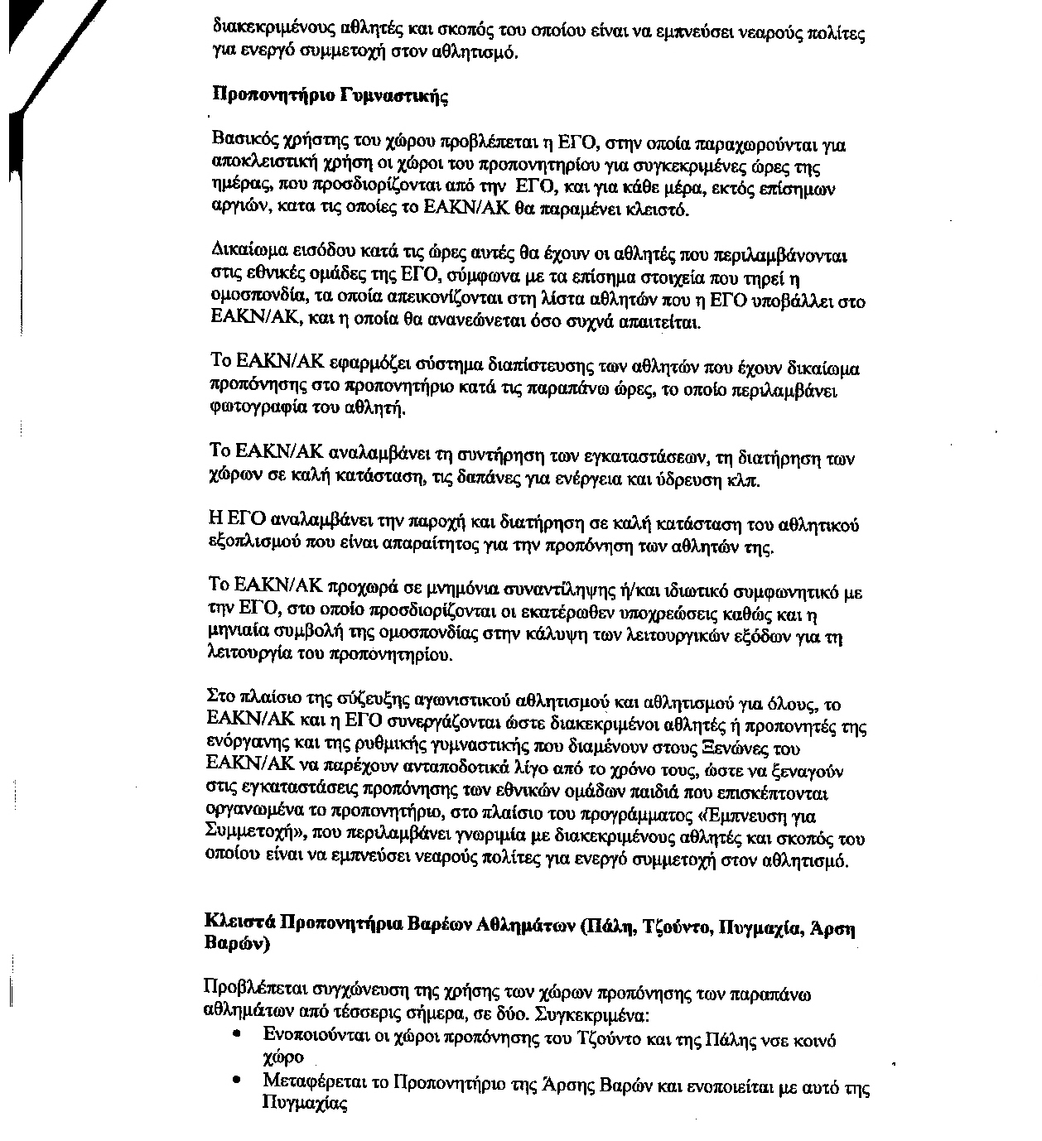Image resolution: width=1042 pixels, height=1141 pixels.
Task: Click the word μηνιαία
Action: pyautogui.click(x=239, y=635)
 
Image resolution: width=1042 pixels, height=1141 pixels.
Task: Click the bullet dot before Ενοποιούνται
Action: pyautogui.click(x=239, y=1034)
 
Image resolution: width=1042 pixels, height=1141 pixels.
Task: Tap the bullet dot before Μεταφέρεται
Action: pyautogui.click(x=239, y=1080)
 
